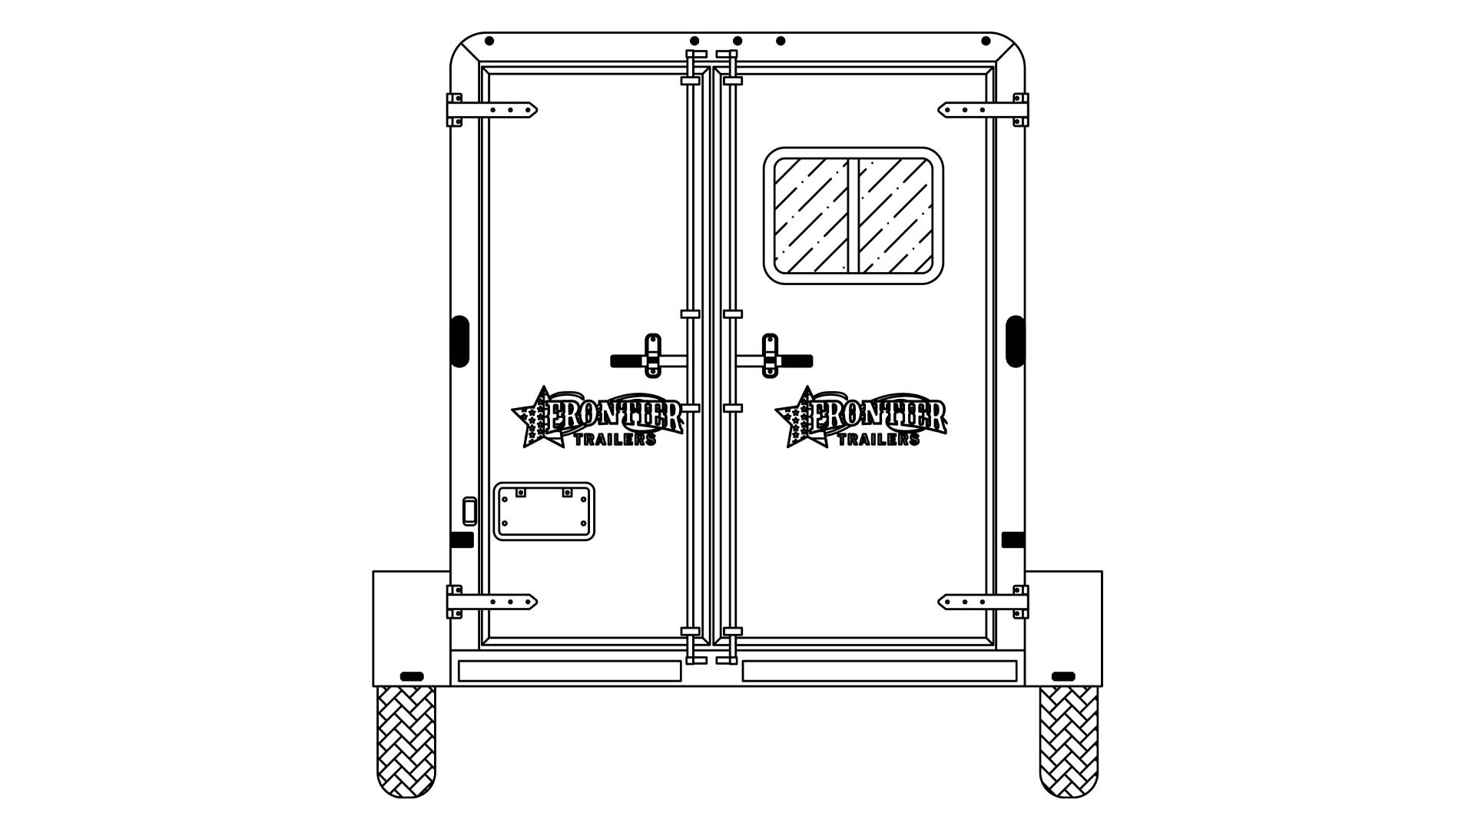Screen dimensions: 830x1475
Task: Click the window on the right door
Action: coord(853,216)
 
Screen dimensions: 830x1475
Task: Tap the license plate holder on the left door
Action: coord(544,512)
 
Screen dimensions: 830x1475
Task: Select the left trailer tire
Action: coord(406,741)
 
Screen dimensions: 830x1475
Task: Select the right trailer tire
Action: coord(1069,741)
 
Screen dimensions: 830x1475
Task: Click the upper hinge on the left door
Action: coord(492,110)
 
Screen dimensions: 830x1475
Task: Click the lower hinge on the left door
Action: coord(492,602)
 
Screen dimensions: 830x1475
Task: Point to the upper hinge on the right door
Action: coord(983,110)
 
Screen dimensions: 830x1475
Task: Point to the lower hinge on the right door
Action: coord(983,602)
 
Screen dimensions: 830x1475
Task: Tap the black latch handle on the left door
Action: coord(627,361)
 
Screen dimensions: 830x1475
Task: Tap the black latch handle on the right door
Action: coord(796,361)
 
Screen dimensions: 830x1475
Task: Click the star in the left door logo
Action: coord(535,420)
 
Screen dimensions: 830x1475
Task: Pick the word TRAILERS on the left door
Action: coord(615,440)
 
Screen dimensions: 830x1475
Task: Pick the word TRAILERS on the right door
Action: coord(878,440)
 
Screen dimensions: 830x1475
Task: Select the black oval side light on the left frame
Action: coord(460,341)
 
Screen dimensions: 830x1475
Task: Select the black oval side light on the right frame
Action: coord(1015,341)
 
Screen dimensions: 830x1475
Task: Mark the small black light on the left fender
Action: coord(412,676)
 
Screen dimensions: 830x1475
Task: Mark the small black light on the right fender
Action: coord(1063,676)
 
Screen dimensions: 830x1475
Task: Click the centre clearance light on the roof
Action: coord(737,41)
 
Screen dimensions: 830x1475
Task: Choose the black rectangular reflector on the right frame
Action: coord(1013,539)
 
